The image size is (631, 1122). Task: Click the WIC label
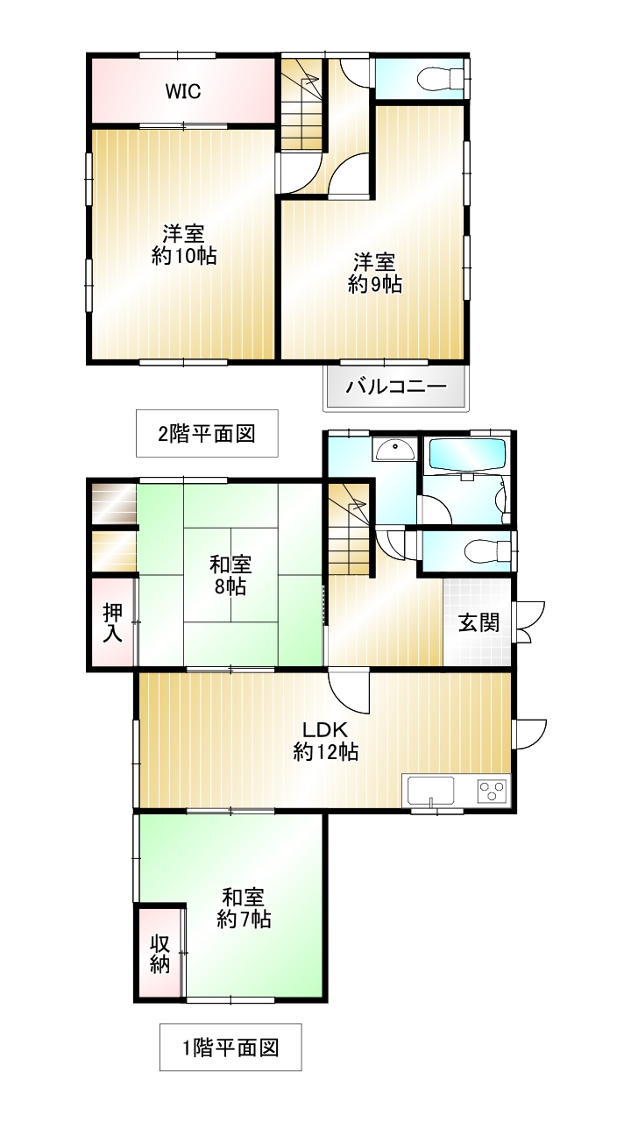[183, 91]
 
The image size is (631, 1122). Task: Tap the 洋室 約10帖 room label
[184, 245]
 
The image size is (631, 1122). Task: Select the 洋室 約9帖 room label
[375, 273]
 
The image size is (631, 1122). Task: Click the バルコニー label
[396, 387]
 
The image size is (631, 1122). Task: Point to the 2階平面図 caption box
[207, 433]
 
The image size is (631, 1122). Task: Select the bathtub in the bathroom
[465, 454]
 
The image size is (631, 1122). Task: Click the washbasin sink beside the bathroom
[394, 448]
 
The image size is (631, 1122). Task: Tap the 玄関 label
[479, 622]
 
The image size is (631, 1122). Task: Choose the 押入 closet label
[113, 623]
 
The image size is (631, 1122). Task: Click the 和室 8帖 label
[230, 576]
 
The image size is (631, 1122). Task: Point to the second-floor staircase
[301, 103]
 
